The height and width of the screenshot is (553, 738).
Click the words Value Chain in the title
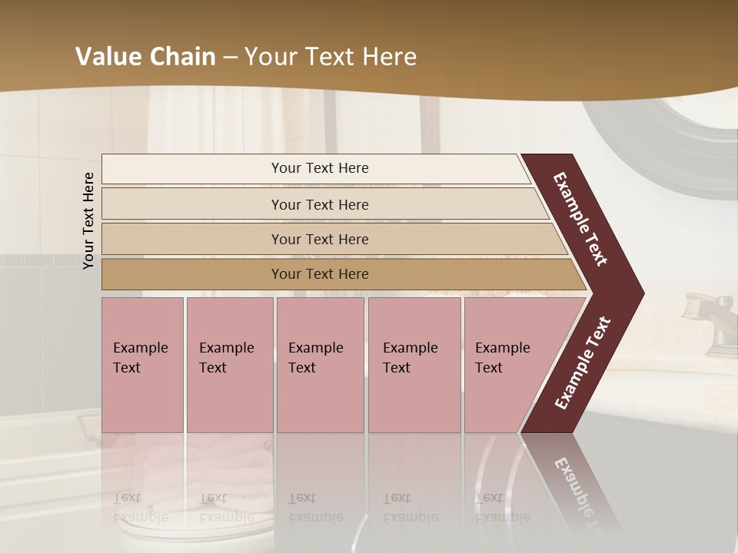coord(145,57)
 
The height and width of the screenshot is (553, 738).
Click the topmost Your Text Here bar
coord(319,168)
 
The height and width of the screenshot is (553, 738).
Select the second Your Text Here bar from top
coord(320,204)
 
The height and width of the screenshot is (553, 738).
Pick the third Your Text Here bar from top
coord(320,239)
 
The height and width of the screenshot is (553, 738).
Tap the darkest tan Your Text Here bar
coord(320,274)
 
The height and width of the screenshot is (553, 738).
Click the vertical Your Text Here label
coord(89,220)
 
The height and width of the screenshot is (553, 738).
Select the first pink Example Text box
coord(142,365)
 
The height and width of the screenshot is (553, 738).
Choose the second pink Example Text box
coord(229,365)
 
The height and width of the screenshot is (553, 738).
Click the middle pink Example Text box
coord(320,365)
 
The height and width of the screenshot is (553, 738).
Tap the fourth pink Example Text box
coord(414,365)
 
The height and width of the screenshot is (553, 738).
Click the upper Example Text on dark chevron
coord(580,219)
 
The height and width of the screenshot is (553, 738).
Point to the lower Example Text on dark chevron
coord(583,363)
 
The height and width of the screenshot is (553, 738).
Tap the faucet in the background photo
coord(703,315)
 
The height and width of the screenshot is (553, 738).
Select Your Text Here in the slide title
coord(331,57)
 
